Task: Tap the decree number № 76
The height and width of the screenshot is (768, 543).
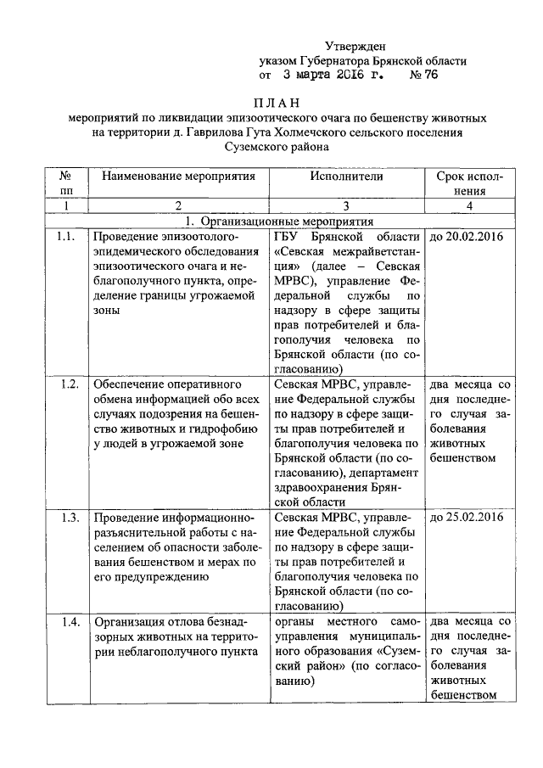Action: [424, 76]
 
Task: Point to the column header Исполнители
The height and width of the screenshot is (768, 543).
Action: [347, 177]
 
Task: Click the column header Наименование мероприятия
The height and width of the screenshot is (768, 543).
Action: [178, 177]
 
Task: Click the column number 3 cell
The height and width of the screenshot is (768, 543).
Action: [347, 205]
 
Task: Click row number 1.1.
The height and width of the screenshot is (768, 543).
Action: [64, 235]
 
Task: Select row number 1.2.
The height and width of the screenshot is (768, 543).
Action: [70, 384]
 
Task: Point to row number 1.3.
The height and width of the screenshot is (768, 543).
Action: [70, 518]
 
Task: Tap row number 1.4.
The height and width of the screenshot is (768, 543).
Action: [70, 622]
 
